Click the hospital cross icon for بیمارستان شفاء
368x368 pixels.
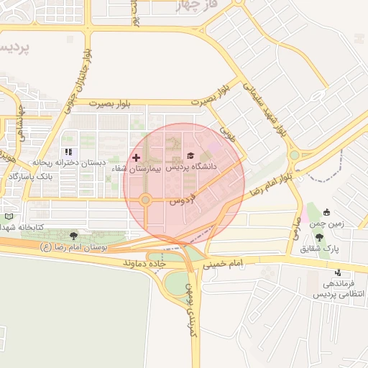pyautogui.click(x=136, y=157)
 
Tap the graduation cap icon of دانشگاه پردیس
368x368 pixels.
pyautogui.click(x=190, y=156)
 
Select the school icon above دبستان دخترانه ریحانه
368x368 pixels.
pyautogui.click(x=69, y=152)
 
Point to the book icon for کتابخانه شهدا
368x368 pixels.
pyautogui.click(x=9, y=216)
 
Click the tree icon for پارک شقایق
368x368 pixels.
pyautogui.click(x=319, y=237)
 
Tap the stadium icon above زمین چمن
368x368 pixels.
pyautogui.click(x=327, y=212)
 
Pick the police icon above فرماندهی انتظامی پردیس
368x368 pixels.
pyautogui.click(x=338, y=272)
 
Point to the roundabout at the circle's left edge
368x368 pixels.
pyautogui.click(x=145, y=200)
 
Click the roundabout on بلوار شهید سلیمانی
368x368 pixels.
pyautogui.click(x=294, y=155)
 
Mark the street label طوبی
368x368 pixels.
pyautogui.click(x=227, y=133)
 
